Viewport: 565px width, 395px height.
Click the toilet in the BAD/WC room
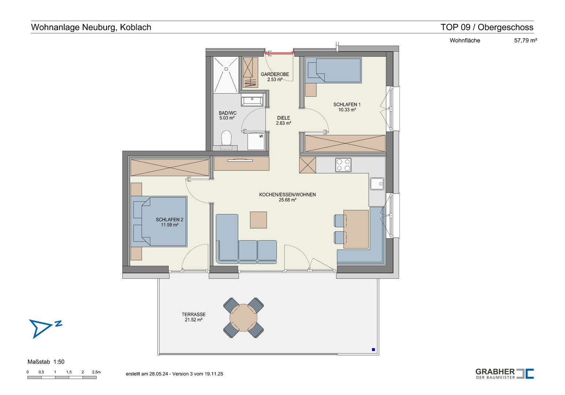point(226,138)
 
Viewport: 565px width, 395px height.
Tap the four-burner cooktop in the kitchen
point(343,165)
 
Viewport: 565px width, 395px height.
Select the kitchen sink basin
point(377,184)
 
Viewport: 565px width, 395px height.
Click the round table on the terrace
point(244,318)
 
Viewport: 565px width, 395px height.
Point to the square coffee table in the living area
point(258,220)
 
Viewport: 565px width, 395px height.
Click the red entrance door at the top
point(279,53)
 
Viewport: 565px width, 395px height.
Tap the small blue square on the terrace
point(373,349)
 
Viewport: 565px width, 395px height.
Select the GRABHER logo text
point(495,372)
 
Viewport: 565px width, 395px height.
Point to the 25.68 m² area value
point(287,200)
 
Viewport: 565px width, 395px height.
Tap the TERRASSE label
point(193,315)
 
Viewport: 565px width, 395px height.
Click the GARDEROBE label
point(275,74)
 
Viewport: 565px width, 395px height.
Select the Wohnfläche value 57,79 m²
point(525,40)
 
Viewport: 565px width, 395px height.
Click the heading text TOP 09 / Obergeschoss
point(487,27)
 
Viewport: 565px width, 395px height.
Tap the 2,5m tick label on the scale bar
point(96,372)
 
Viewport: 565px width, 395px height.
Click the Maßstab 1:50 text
point(46,362)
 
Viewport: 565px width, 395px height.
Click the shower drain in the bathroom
point(226,69)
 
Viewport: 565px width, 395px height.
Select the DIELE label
point(283,118)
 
